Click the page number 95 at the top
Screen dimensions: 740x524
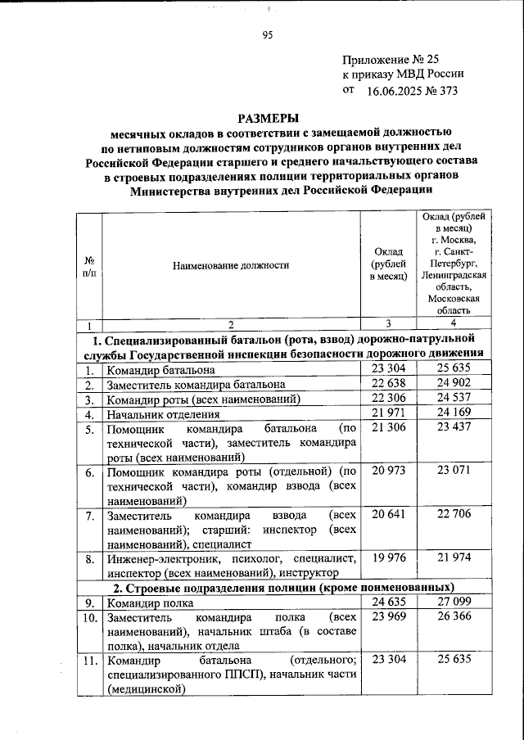[267, 34]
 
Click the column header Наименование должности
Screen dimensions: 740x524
[232, 265]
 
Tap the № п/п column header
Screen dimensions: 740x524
[88, 265]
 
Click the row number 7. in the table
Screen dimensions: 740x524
[89, 516]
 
